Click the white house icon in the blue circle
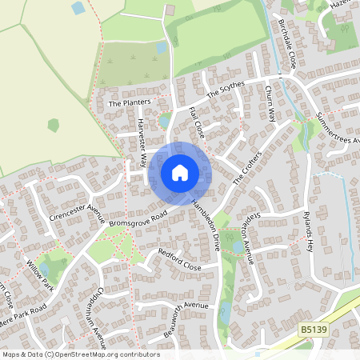[x=179, y=173]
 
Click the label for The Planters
[x=129, y=103]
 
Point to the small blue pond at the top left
[x=78, y=8]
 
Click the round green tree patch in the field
[x=53, y=125]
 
